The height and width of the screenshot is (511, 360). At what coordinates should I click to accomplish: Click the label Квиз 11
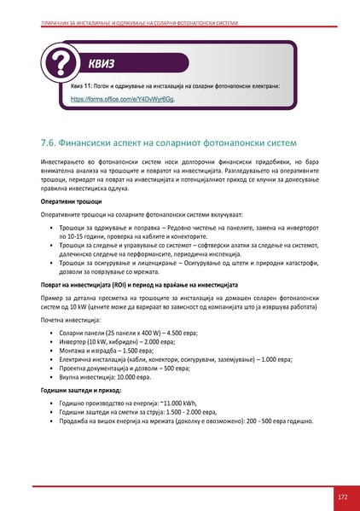(x=83, y=87)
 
